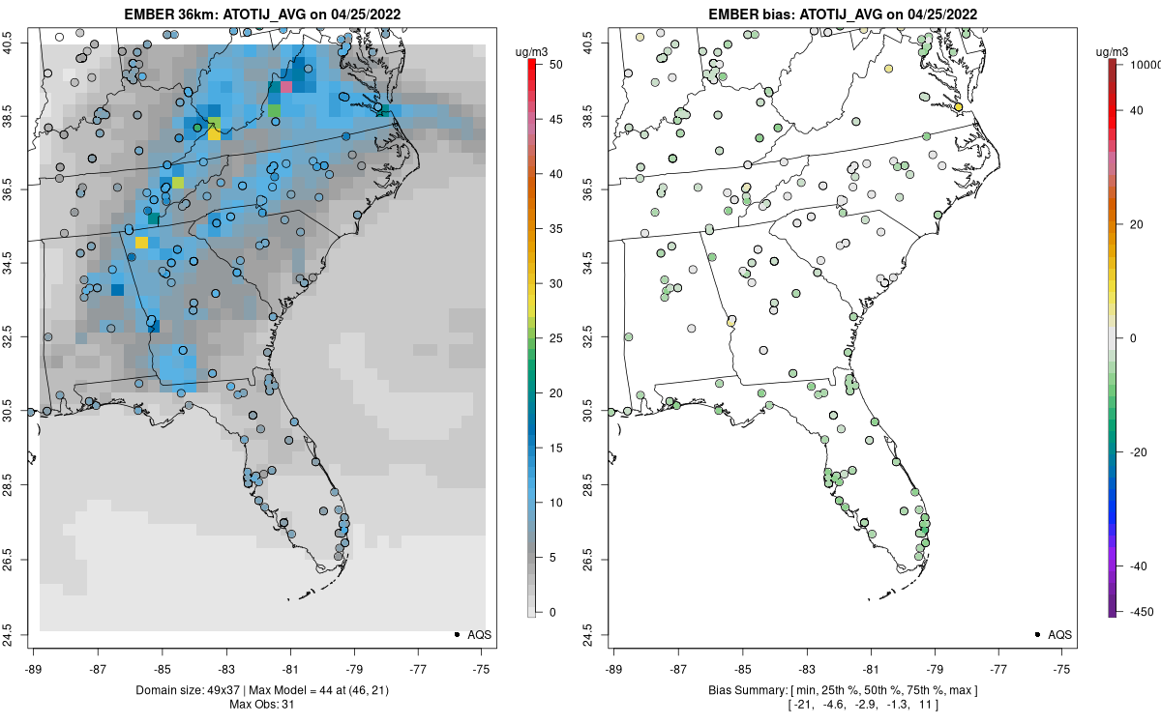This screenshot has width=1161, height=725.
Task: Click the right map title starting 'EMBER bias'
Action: click(844, 14)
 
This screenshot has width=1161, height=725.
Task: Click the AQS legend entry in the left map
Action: click(472, 634)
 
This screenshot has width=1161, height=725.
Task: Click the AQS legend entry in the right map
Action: click(1053, 634)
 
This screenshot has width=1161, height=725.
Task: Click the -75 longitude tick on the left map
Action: click(482, 667)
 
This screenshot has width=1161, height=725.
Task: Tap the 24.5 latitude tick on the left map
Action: click(21, 634)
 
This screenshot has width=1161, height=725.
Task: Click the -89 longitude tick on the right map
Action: click(614, 667)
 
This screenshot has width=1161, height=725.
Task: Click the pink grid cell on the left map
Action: click(286, 87)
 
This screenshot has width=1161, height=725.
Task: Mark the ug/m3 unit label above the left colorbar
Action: click(532, 44)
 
